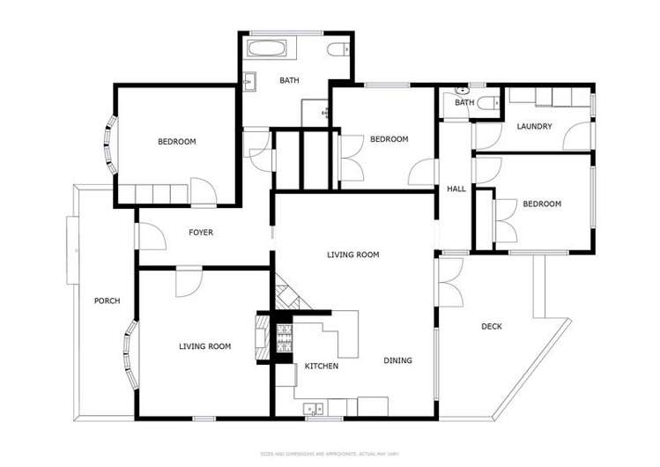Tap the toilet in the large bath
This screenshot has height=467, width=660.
click(x=338, y=49)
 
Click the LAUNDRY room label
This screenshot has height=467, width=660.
click(x=534, y=127)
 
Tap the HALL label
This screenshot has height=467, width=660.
click(x=456, y=189)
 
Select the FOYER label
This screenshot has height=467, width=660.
click(x=201, y=233)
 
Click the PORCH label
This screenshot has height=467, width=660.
click(x=107, y=301)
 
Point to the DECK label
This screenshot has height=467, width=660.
click(x=491, y=327)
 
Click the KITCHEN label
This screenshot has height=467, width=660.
click(x=322, y=366)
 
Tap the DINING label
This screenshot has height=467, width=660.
click(x=397, y=360)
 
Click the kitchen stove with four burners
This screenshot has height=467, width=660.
click(x=285, y=339)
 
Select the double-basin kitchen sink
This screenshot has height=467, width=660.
click(x=312, y=408)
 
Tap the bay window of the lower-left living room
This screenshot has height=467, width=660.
click(x=131, y=356)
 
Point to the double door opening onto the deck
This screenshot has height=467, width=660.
click(x=447, y=281)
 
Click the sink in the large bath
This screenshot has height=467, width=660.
click(x=249, y=82)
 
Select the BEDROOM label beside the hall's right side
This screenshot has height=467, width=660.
click(x=541, y=204)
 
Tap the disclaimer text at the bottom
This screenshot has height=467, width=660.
click(x=329, y=455)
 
